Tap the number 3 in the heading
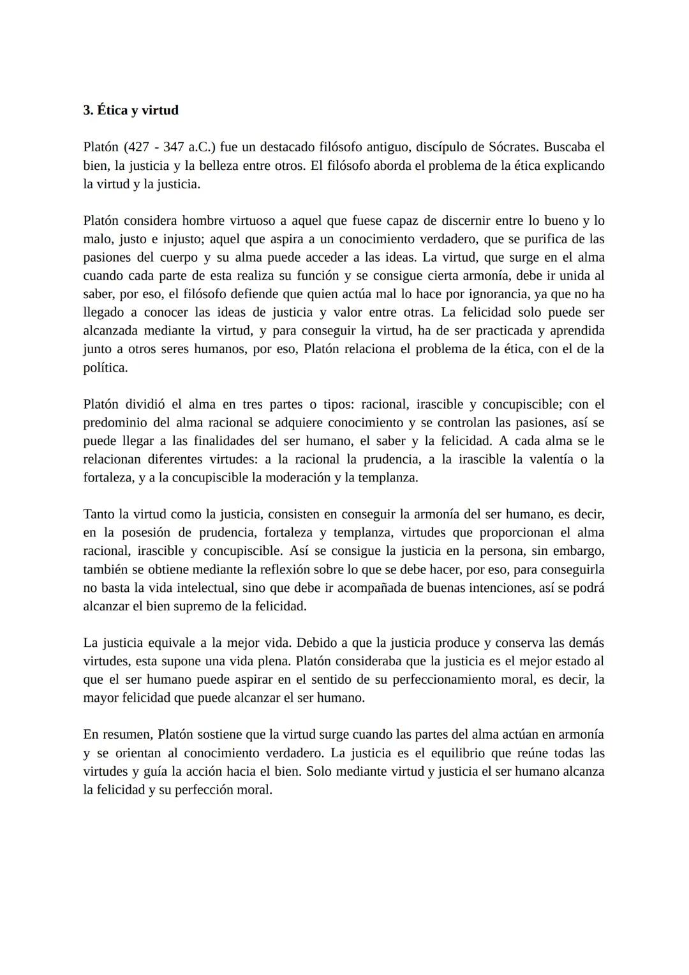pyautogui.click(x=87, y=110)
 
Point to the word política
pyautogui.click(x=105, y=368)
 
